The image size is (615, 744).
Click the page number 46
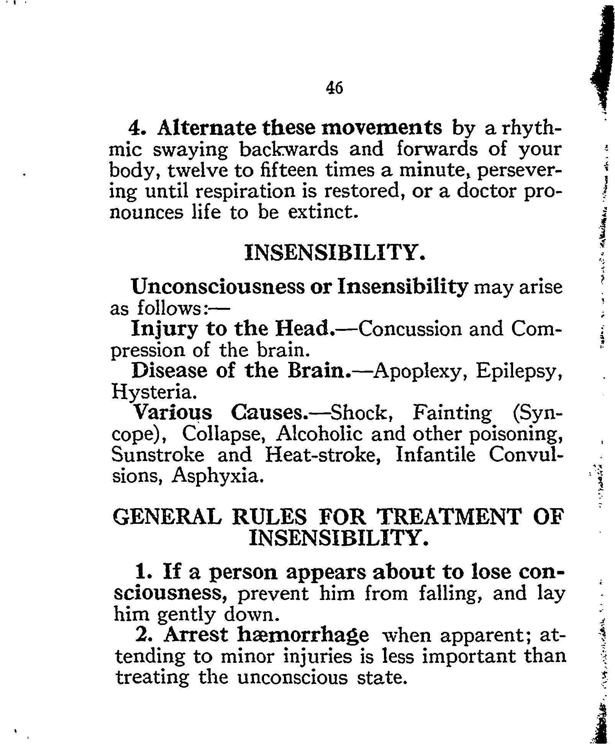pos(334,88)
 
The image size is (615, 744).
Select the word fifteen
pos(286,170)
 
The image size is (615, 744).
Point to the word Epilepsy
pos(519,371)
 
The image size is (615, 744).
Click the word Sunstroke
pos(157,455)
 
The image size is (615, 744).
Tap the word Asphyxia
pos(218,475)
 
